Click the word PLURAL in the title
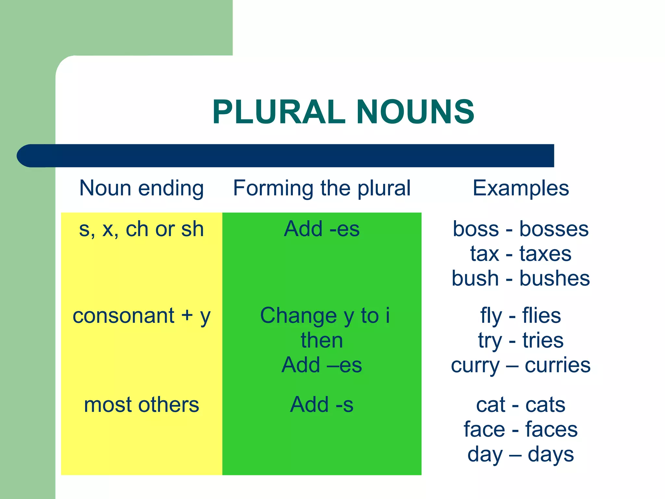point(279,112)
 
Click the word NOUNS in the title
point(415,112)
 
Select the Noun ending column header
point(142,188)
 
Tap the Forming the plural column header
point(322,188)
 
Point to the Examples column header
point(521,188)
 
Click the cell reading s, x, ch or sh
point(142,229)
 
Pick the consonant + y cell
point(142,316)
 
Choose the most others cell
point(142,405)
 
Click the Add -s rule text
point(322,405)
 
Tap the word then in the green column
point(322,340)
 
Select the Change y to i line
point(325,316)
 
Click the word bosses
point(554,229)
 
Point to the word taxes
point(545,254)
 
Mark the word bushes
point(555,278)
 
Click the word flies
point(541,316)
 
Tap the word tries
point(543,340)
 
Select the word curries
point(558,365)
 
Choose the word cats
point(545,405)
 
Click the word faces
point(551,429)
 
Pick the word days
point(551,454)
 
